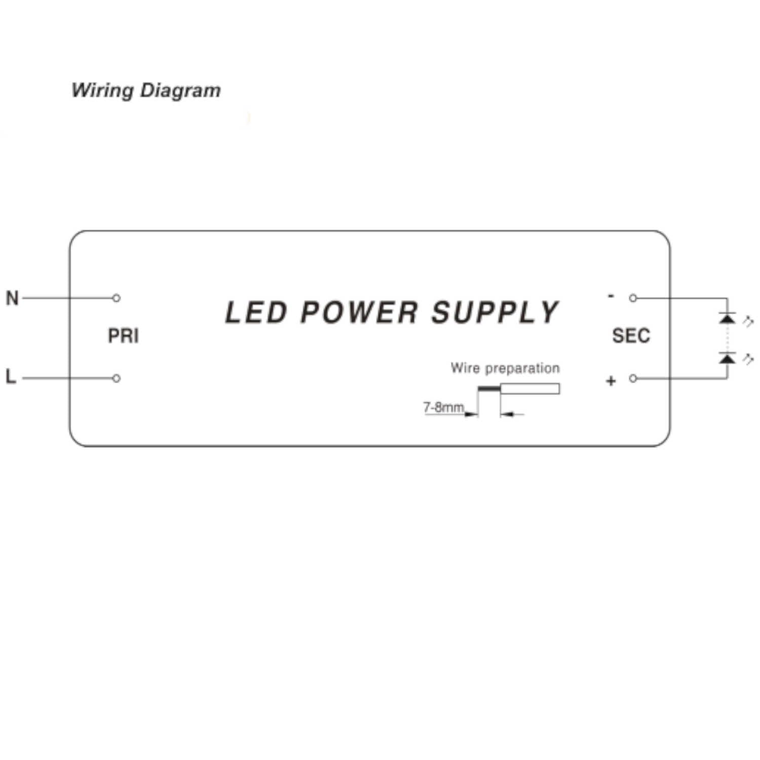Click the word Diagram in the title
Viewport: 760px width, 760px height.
[x=180, y=90]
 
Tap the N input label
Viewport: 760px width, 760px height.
[x=12, y=298]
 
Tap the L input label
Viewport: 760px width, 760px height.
[x=11, y=376]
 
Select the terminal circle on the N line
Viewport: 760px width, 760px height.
[x=117, y=298]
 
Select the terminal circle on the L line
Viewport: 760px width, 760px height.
[x=117, y=378]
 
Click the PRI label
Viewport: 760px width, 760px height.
[x=123, y=336]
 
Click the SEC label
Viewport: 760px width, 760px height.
[x=631, y=335]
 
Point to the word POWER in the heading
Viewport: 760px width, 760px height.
[x=359, y=312]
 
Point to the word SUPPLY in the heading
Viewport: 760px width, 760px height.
[x=495, y=312]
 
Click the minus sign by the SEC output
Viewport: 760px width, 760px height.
[x=611, y=296]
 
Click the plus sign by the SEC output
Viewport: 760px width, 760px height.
[x=611, y=381]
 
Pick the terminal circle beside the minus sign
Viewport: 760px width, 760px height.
[x=633, y=298]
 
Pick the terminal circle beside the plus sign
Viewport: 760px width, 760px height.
[x=633, y=378]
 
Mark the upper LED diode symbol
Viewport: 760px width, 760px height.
[x=728, y=318]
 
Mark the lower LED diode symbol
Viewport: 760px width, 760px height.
[x=728, y=358]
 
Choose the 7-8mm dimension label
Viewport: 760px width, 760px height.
[x=443, y=407]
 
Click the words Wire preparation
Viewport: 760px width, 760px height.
[x=505, y=368]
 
